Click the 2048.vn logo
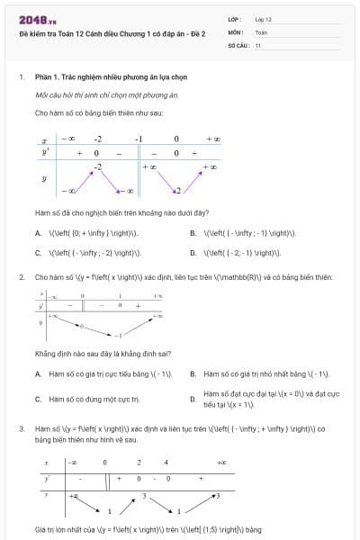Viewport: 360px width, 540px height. [x=33, y=18]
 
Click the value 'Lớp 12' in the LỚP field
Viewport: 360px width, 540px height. [x=264, y=17]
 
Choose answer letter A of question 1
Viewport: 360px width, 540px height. [x=38, y=232]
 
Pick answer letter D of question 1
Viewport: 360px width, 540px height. [x=193, y=253]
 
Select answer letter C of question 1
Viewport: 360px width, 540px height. [x=38, y=253]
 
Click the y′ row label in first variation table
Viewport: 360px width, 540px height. [x=45, y=153]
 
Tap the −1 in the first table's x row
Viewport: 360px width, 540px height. [x=139, y=139]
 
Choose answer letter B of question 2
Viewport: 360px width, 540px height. [x=193, y=373]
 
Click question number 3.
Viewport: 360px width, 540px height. [x=21, y=430]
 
